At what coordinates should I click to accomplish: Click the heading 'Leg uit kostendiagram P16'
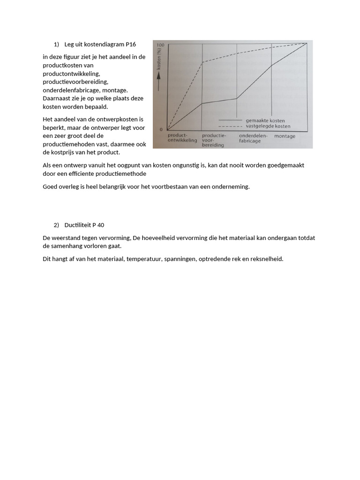click(x=100, y=45)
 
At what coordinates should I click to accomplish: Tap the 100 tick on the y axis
click(x=160, y=45)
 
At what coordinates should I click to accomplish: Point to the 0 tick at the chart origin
click(x=162, y=129)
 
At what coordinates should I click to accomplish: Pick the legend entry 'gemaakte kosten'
click(x=265, y=120)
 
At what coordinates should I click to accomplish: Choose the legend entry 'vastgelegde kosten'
click(x=268, y=126)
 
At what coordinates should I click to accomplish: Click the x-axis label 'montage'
click(x=285, y=136)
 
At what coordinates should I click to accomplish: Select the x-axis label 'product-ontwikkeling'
click(x=182, y=138)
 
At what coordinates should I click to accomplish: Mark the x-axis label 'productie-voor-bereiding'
click(x=213, y=140)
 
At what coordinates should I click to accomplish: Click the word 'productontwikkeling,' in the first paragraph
click(x=71, y=74)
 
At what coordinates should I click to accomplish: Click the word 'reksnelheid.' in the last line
click(x=267, y=259)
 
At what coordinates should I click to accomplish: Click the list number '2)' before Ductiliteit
click(x=56, y=225)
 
